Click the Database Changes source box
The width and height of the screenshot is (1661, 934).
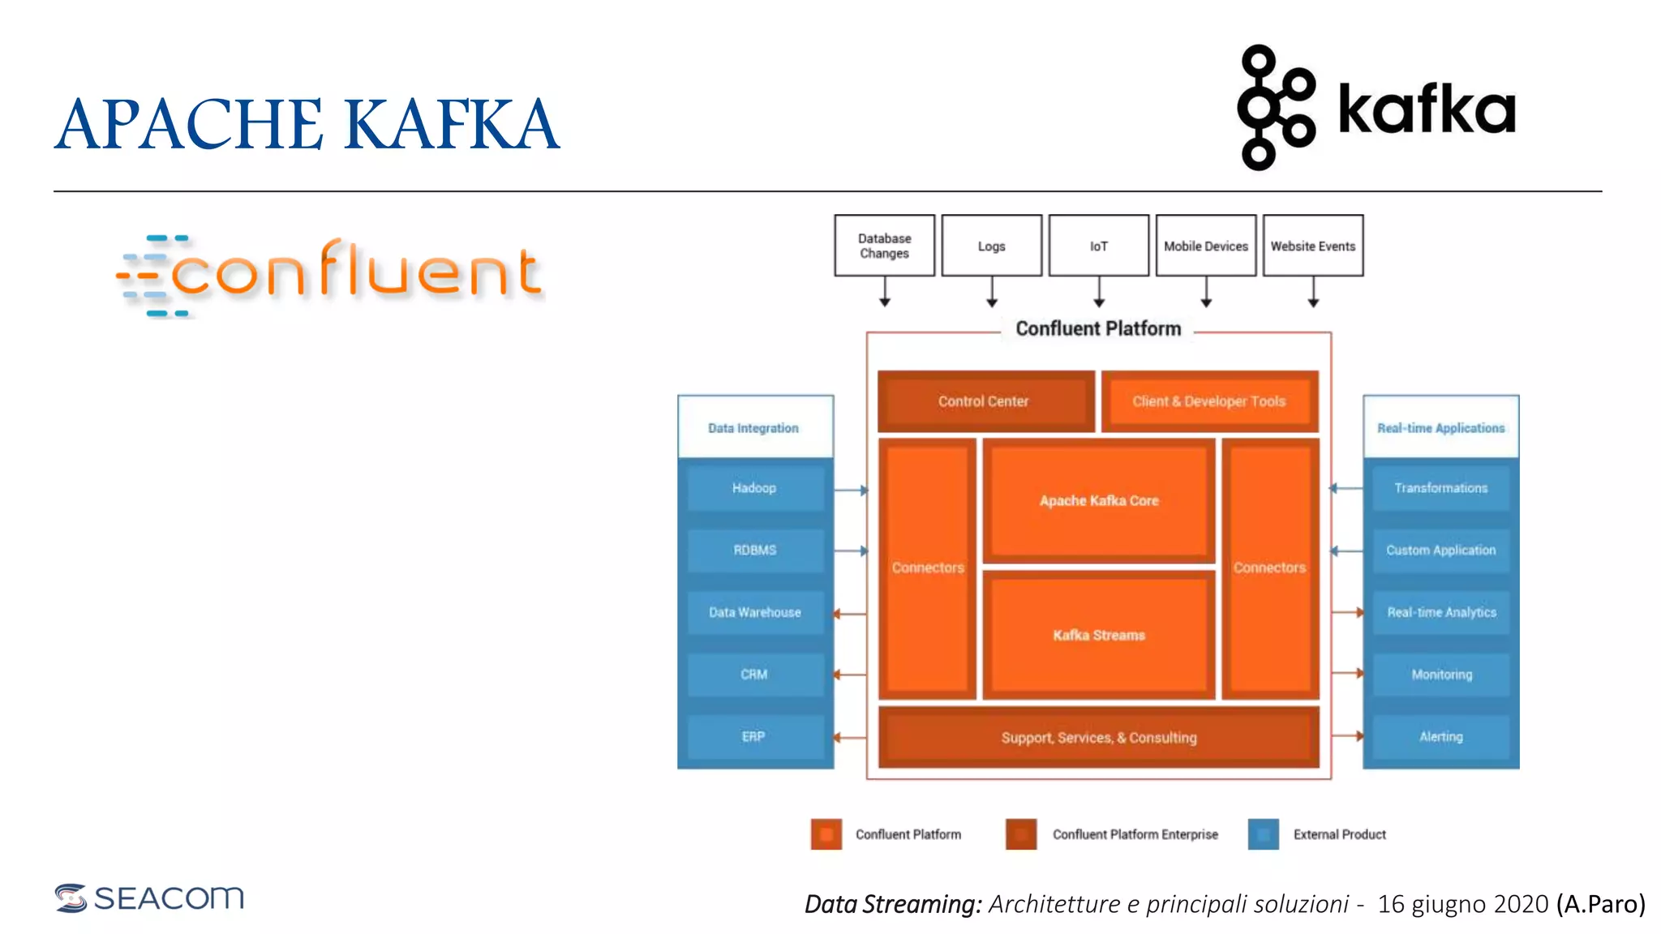pos(884,246)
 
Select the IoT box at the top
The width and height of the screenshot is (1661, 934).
pos(1098,246)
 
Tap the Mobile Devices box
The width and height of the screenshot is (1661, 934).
pos(1205,246)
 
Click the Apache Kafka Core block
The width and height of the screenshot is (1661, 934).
pos(1099,500)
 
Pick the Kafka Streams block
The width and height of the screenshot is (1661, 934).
pos(1099,635)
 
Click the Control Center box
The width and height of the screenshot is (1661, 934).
pos(985,401)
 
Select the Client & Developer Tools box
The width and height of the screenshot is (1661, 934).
pos(1209,401)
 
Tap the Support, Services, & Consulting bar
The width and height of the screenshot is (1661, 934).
pos(1099,737)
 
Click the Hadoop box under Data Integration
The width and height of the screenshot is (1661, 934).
pos(754,488)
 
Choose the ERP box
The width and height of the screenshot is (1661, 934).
pos(754,736)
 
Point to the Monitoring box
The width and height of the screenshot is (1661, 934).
pos(1441,675)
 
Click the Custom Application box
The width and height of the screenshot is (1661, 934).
pos(1441,550)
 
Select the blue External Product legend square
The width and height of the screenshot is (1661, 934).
pos(1263,834)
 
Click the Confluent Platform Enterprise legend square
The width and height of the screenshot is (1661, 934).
pos(1021,834)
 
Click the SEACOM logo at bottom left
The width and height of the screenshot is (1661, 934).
pos(149,898)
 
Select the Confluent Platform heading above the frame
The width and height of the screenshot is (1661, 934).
pos(1098,328)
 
